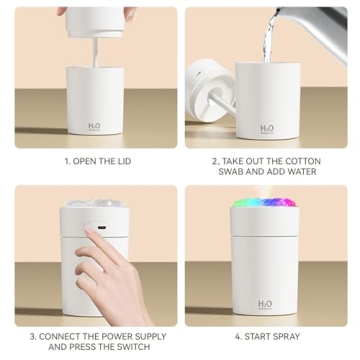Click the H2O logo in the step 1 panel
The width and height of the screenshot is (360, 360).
[x=94, y=127]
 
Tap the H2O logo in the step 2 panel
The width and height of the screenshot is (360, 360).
[x=266, y=128]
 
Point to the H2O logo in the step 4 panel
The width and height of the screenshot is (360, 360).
[x=265, y=304]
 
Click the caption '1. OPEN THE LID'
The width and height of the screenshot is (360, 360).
[x=97, y=160]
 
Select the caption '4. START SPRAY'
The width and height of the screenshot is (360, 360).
[x=266, y=337]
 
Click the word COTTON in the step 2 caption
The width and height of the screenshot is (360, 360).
[x=303, y=160]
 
